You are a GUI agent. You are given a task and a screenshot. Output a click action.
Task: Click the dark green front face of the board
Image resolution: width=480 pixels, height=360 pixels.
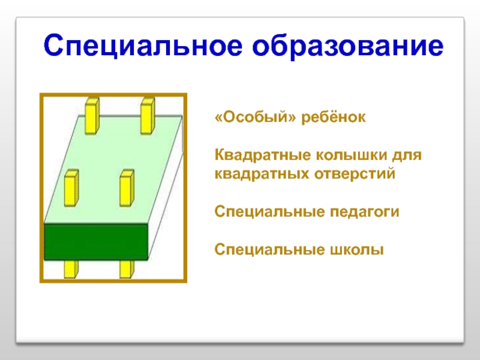97,242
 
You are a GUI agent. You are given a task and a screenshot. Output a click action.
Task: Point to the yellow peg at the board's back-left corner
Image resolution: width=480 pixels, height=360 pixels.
91,116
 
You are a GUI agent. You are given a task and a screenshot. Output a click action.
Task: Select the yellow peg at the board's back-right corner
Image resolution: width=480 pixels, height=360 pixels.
148,116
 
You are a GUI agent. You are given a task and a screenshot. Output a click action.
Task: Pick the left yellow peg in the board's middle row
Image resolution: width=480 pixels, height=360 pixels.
71,187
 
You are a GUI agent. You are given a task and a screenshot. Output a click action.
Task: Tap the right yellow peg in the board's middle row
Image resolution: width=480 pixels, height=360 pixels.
127,187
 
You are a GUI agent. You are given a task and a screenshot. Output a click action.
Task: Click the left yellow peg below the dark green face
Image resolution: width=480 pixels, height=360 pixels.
71,269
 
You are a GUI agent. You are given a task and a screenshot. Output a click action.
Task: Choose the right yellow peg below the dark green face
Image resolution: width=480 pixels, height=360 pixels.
126,269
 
